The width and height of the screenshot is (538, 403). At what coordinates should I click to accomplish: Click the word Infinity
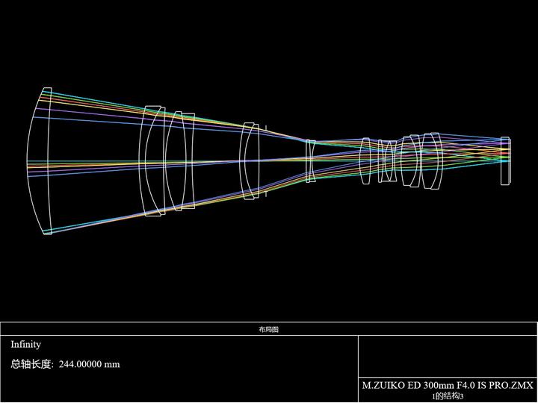click(25, 344)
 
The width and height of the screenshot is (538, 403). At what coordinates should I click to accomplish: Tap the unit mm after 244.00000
click(112, 365)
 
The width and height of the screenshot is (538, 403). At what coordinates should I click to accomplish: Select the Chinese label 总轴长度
click(31, 364)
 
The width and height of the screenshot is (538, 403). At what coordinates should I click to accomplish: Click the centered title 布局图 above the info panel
click(269, 329)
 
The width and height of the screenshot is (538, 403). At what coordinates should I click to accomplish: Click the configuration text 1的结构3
click(448, 396)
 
